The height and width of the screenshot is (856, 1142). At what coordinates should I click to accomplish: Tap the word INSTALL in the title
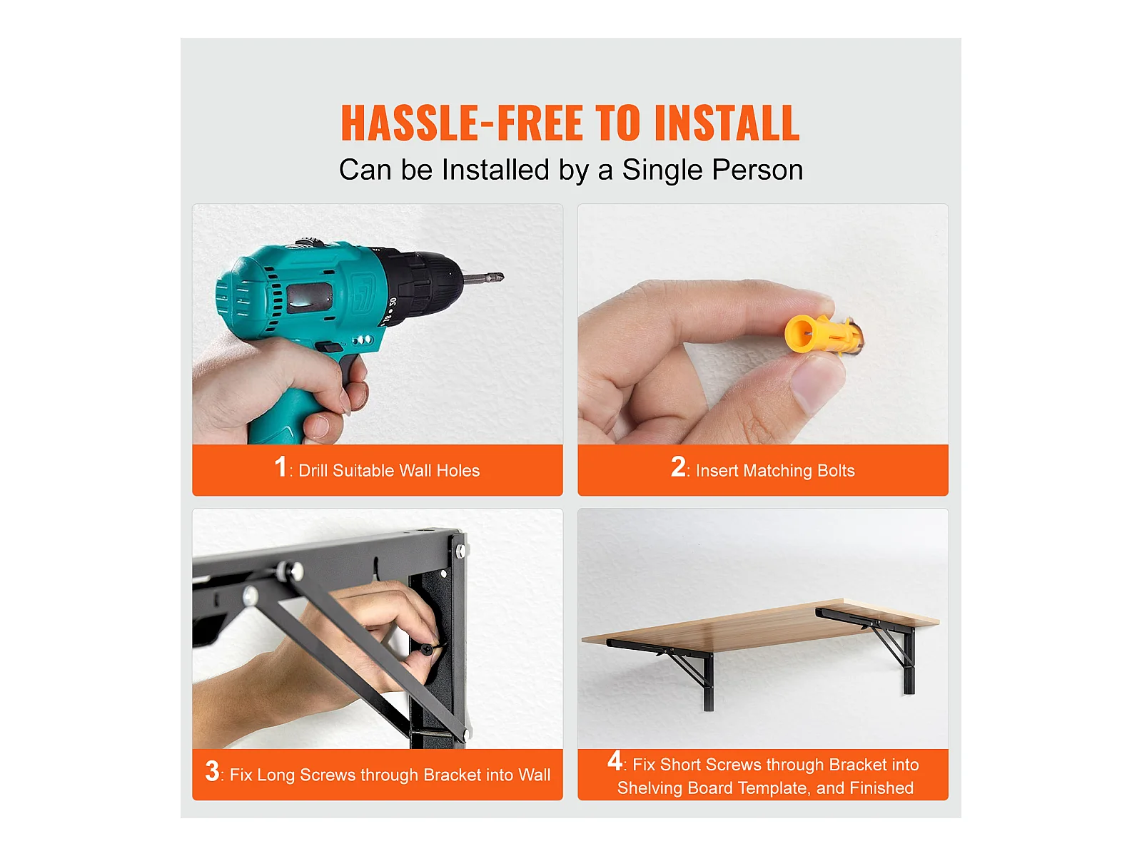tap(727, 123)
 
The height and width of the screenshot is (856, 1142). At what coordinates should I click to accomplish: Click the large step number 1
tap(281, 467)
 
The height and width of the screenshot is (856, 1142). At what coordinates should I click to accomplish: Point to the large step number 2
tap(678, 467)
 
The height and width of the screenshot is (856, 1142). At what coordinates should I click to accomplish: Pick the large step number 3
tap(212, 771)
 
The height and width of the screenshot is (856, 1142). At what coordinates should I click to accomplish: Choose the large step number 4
tap(615, 761)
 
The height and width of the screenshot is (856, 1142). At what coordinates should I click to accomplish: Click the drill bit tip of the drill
tap(500, 277)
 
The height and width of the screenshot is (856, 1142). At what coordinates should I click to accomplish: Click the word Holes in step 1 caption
tap(458, 470)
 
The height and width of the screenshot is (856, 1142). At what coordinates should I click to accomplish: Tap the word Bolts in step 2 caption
tap(836, 470)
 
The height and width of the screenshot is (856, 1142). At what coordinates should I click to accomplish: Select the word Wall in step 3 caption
tap(534, 775)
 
